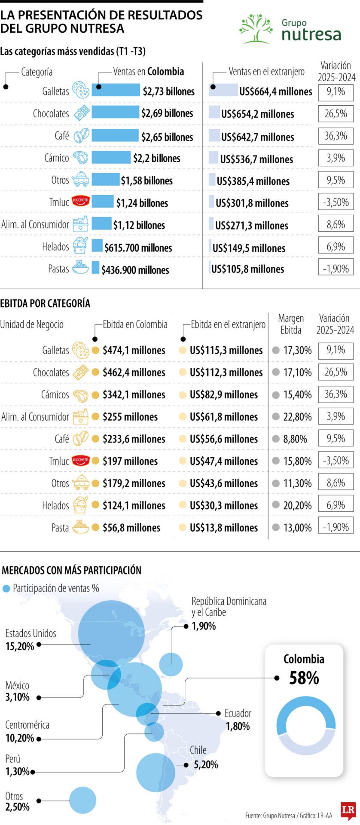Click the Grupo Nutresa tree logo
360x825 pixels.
pyautogui.click(x=256, y=29)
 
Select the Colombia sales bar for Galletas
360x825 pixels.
pyautogui.click(x=116, y=90)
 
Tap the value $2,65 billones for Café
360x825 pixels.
pyautogui.click(x=167, y=137)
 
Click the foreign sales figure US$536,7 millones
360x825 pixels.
pyautogui.click(x=256, y=159)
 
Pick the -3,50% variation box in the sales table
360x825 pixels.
pyautogui.click(x=336, y=202)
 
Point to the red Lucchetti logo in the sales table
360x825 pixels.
pyautogui.click(x=80, y=201)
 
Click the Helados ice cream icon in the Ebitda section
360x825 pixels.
pyautogui.click(x=80, y=505)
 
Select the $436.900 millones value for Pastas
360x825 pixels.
pyautogui.click(x=135, y=270)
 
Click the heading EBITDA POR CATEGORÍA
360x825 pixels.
pyautogui.click(x=45, y=303)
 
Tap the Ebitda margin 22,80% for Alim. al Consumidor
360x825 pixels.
pyautogui.click(x=297, y=417)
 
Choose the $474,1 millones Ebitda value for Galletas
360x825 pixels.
pyautogui.click(x=134, y=350)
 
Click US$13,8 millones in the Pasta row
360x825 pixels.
pyautogui.click(x=223, y=528)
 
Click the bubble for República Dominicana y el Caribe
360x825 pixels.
pyautogui.click(x=171, y=664)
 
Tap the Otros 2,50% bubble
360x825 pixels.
pyautogui.click(x=82, y=800)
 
